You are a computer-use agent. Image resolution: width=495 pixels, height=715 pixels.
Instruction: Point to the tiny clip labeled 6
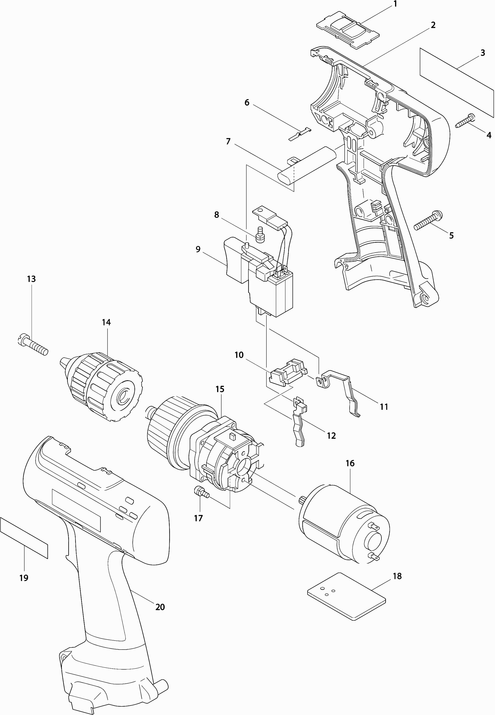(300, 133)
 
